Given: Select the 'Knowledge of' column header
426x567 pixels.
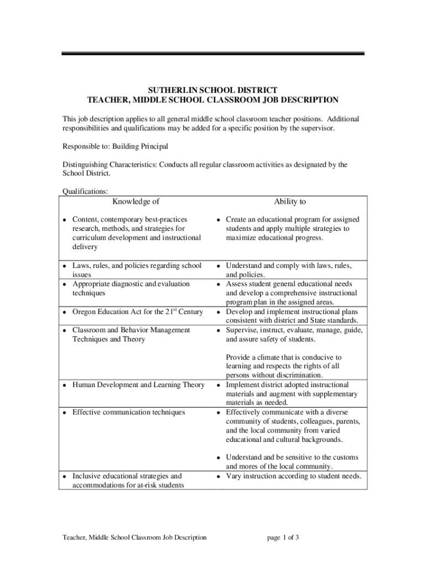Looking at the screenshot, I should tap(136, 202).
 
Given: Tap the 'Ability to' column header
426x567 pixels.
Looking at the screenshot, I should tap(289, 202).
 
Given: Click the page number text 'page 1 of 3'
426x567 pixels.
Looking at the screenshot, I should tap(283, 537).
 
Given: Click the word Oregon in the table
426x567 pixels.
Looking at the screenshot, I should tap(85, 312).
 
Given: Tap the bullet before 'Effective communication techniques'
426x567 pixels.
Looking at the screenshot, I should tap(65, 413).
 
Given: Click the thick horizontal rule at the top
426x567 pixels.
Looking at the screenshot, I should tap(213, 54).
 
